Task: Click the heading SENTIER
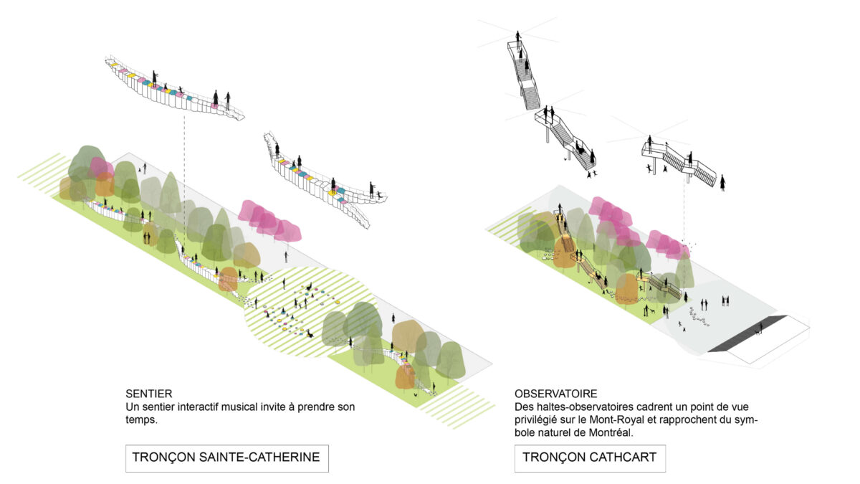pyautogui.click(x=148, y=394)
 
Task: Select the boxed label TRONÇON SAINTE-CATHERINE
pyautogui.click(x=226, y=457)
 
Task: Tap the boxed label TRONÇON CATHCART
pyautogui.click(x=589, y=457)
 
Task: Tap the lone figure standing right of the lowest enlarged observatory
pyautogui.click(x=722, y=182)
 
